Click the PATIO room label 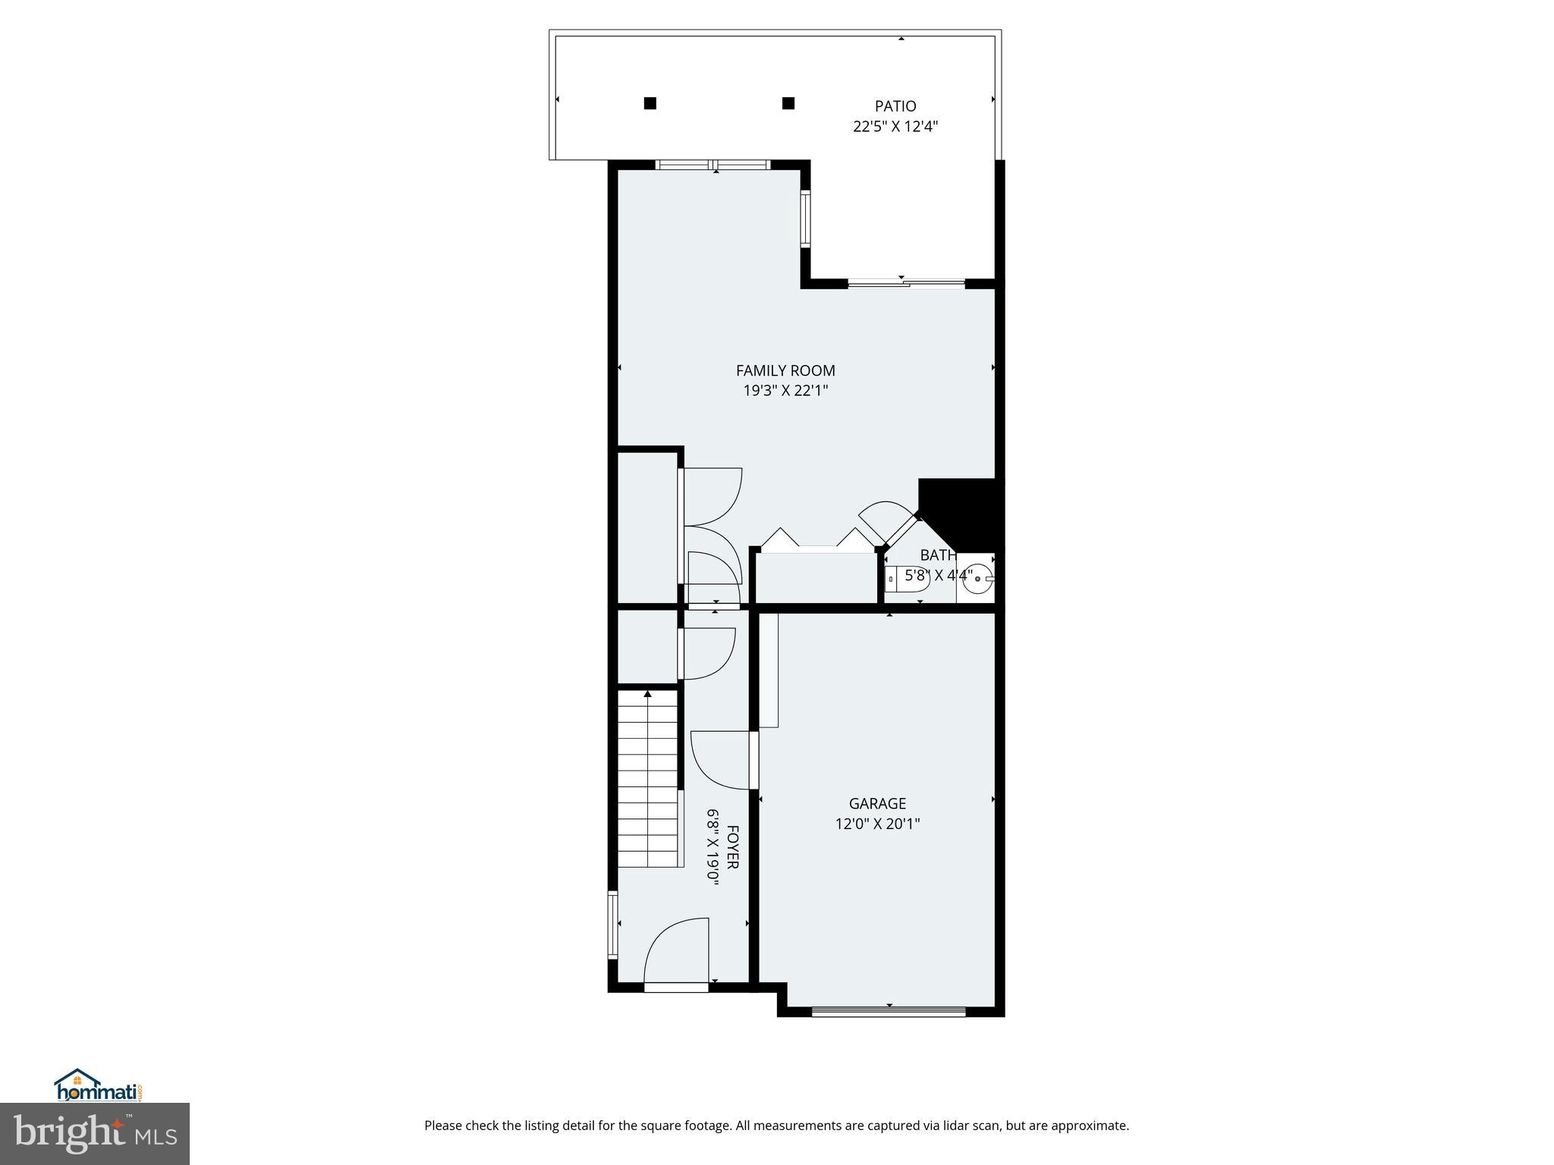point(895,106)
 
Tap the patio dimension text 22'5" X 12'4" point(895,127)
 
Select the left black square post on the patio point(650,103)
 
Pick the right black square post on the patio point(788,103)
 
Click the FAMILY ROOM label point(785,370)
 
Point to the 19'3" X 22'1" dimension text point(785,391)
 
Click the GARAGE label point(877,803)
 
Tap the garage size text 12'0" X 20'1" point(877,824)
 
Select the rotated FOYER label point(733,846)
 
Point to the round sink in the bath point(978,579)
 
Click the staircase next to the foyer point(647,779)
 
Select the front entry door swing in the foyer point(675,952)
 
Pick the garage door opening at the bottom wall point(889,1010)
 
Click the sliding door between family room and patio point(906,284)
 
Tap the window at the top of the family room point(713,165)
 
